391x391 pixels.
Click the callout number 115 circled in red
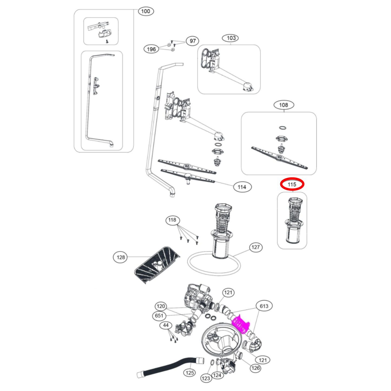pyautogui.click(x=292, y=184)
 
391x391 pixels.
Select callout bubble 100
pyautogui.click(x=146, y=11)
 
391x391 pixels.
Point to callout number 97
pyautogui.click(x=192, y=41)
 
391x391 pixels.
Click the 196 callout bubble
pyautogui.click(x=151, y=49)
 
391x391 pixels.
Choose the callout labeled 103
pyautogui.click(x=231, y=38)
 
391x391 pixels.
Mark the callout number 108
pyautogui.click(x=284, y=105)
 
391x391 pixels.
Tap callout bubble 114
pyautogui.click(x=242, y=187)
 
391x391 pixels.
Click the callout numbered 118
pyautogui.click(x=172, y=220)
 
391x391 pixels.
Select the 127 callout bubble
pyautogui.click(x=255, y=247)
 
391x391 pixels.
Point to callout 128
pyautogui.click(x=121, y=257)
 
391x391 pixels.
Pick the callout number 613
pyautogui.click(x=264, y=306)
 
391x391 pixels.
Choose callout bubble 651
pyautogui.click(x=159, y=316)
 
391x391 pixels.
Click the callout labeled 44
pyautogui.click(x=166, y=325)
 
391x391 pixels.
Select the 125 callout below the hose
pyautogui.click(x=190, y=373)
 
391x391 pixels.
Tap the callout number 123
pyautogui.click(x=206, y=378)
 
